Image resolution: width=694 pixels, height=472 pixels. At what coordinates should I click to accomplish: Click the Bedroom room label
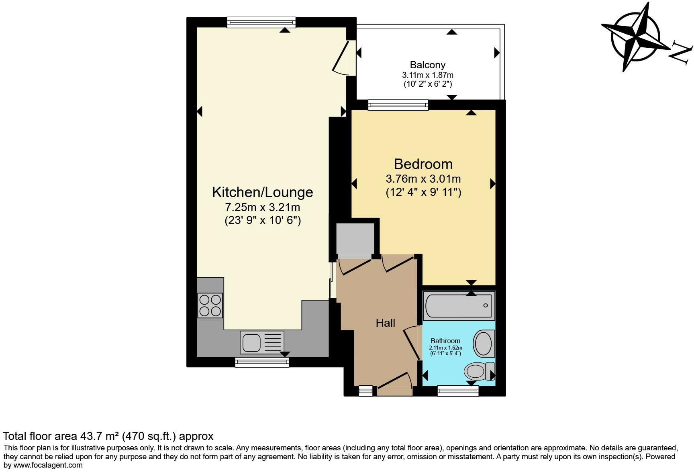point(423,164)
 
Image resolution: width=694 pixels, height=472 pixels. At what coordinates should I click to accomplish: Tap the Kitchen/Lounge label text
point(262,192)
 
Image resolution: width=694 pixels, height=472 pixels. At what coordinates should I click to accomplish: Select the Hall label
point(385,323)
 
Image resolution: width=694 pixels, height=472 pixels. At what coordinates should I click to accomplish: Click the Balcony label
point(427,65)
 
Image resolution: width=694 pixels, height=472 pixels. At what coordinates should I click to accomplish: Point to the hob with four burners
point(210,305)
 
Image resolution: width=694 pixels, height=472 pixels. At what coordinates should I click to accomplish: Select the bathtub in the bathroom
point(458,306)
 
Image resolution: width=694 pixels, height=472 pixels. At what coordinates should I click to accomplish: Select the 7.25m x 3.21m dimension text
point(262,208)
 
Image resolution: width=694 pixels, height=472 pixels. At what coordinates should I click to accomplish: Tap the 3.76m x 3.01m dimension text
point(423,179)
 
